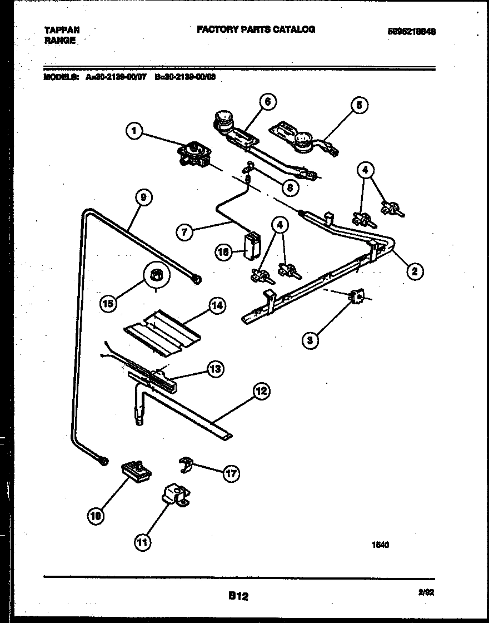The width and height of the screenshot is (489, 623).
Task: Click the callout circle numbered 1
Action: pos(133,132)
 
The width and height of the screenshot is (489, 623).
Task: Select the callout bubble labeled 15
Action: pos(109,303)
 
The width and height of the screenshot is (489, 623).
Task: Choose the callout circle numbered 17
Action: pos(231,473)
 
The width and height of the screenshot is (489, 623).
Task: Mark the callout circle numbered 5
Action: pos(360,106)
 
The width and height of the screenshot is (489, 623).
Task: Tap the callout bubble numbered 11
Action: pos(144,542)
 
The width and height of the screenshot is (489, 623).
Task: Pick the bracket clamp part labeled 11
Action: pos(176,495)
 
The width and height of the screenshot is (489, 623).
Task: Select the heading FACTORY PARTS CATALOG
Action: pos(256,29)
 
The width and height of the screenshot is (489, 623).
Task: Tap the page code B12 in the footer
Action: pos(238,596)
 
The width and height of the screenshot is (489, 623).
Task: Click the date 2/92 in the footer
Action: pos(426,593)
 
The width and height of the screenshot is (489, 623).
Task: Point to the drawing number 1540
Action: pos(380,545)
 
